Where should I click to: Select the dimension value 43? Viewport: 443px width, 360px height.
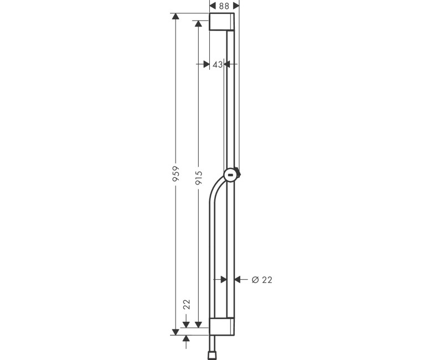click(x=218, y=65)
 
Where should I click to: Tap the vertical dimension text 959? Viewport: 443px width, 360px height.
click(x=176, y=174)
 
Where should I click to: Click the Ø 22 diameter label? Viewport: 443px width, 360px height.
click(x=262, y=280)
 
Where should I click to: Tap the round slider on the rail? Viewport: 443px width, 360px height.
click(x=230, y=176)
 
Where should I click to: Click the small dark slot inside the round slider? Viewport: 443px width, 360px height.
click(x=230, y=176)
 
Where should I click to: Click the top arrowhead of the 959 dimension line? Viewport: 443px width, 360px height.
click(x=176, y=17)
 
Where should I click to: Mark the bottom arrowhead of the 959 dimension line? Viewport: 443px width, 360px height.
click(x=176, y=331)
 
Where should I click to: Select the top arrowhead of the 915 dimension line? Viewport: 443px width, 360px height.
click(x=199, y=23)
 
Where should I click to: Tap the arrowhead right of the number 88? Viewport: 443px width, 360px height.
click(x=236, y=5)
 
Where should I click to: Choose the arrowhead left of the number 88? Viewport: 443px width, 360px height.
click(x=213, y=5)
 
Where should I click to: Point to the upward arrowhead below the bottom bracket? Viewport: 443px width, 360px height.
click(x=186, y=338)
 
